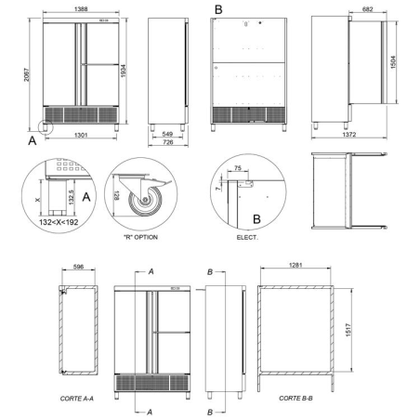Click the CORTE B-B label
point(295,398)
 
